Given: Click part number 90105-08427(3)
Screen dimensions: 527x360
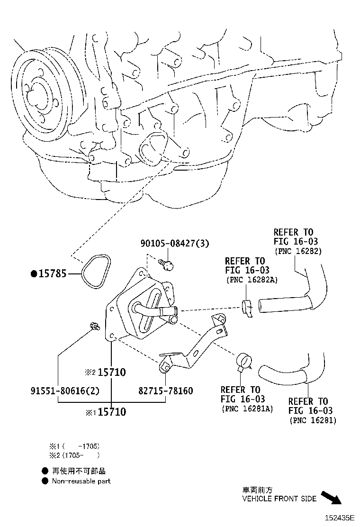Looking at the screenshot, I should point(174,244).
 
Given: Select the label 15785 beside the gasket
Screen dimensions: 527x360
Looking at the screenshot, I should point(54,273).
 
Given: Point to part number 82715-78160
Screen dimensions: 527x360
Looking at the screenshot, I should point(165,391).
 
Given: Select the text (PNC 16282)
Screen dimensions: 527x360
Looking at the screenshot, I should point(298,251).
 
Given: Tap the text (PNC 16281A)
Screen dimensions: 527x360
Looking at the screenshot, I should point(247,409).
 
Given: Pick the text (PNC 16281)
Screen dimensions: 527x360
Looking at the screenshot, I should point(313,420).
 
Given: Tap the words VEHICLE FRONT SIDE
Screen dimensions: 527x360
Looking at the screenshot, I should point(279,499).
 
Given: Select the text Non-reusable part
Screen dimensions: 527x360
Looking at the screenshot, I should point(81,481).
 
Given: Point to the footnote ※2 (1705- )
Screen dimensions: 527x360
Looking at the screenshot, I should point(75,455).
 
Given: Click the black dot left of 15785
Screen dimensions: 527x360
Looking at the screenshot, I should point(34,273).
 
